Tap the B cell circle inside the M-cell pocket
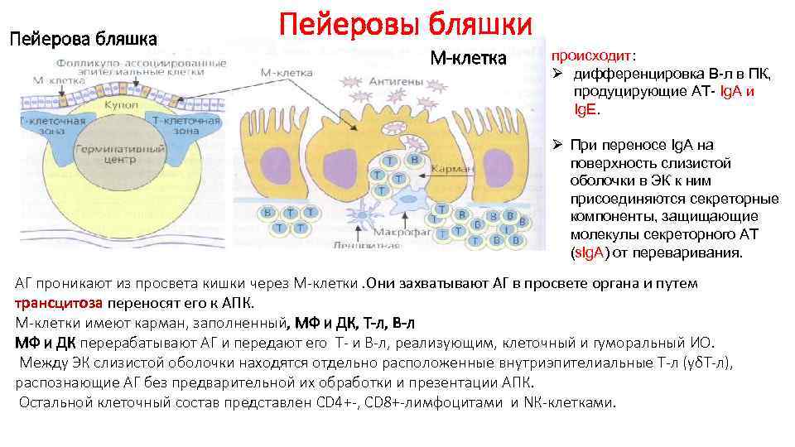pyautogui.click(x=415, y=160)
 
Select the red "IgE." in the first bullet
pyautogui.click(x=587, y=108)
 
